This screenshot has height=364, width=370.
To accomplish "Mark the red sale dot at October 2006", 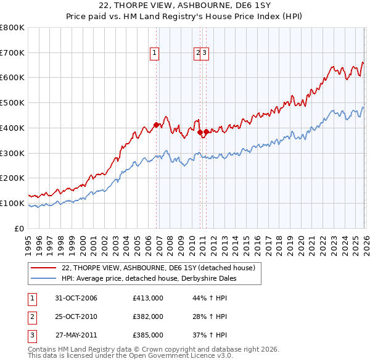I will pos(157,125).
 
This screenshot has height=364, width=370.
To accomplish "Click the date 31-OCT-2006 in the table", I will pos(76,299).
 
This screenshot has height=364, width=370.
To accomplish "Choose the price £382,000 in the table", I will pos(148,316).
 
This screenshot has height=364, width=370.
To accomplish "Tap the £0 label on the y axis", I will pos(17,228).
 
